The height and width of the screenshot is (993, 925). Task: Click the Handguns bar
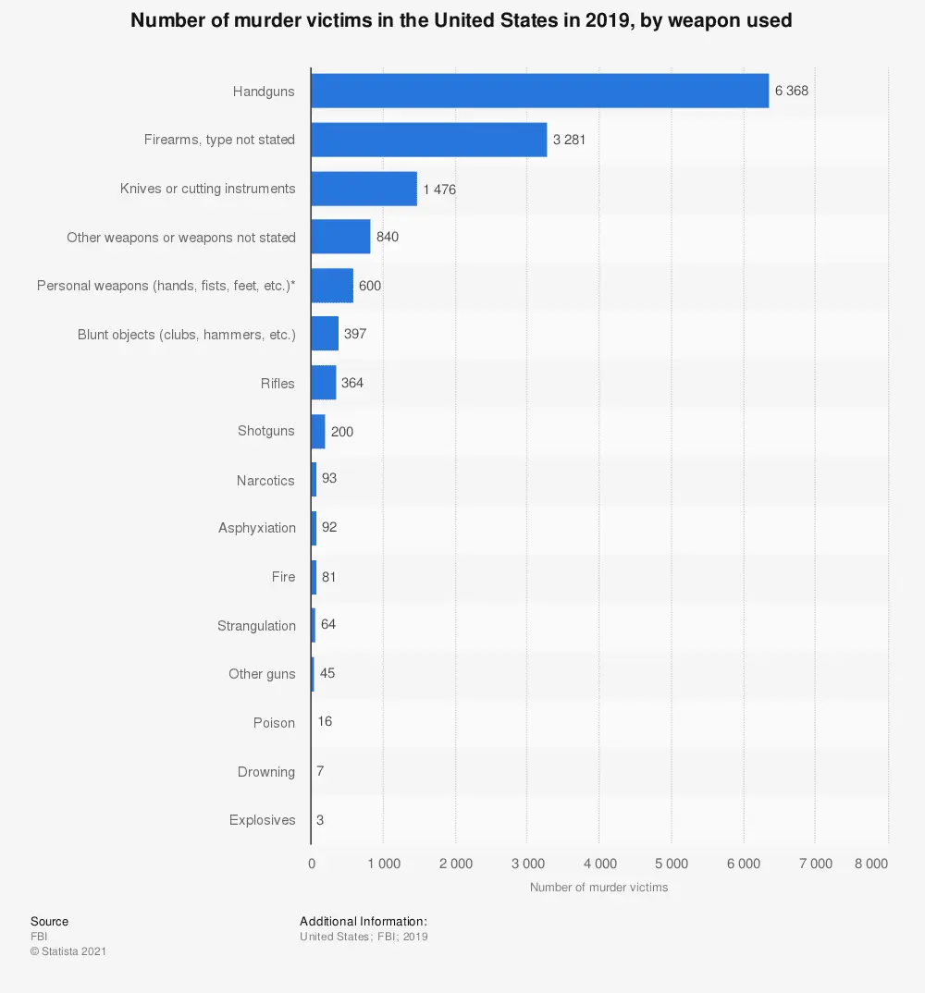[x=539, y=91]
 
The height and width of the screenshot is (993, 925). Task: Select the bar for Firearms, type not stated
[x=428, y=140]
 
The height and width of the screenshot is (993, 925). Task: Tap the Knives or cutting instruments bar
[x=364, y=189]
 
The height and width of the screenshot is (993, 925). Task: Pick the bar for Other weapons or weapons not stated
[x=340, y=237]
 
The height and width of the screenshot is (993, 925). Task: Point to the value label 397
[x=355, y=334]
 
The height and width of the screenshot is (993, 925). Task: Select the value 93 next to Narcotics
[x=329, y=480]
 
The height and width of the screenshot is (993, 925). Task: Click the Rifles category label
[x=277, y=383]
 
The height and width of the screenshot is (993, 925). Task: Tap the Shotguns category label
[x=266, y=431]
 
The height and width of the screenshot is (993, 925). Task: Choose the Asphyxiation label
[x=257, y=528]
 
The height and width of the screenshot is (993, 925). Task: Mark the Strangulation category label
[x=256, y=626]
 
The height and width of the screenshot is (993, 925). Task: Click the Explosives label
[x=263, y=820]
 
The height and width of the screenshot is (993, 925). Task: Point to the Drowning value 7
[x=320, y=771]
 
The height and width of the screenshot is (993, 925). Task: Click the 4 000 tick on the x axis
[x=599, y=864]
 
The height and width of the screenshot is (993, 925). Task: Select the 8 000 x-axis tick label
[x=870, y=864]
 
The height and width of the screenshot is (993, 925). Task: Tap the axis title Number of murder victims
[x=598, y=888]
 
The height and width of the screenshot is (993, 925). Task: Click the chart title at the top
[x=462, y=19]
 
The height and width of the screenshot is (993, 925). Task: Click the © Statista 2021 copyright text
[x=68, y=950]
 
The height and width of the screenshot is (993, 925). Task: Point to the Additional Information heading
[x=364, y=921]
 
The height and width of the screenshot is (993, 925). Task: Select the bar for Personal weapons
[x=332, y=286]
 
